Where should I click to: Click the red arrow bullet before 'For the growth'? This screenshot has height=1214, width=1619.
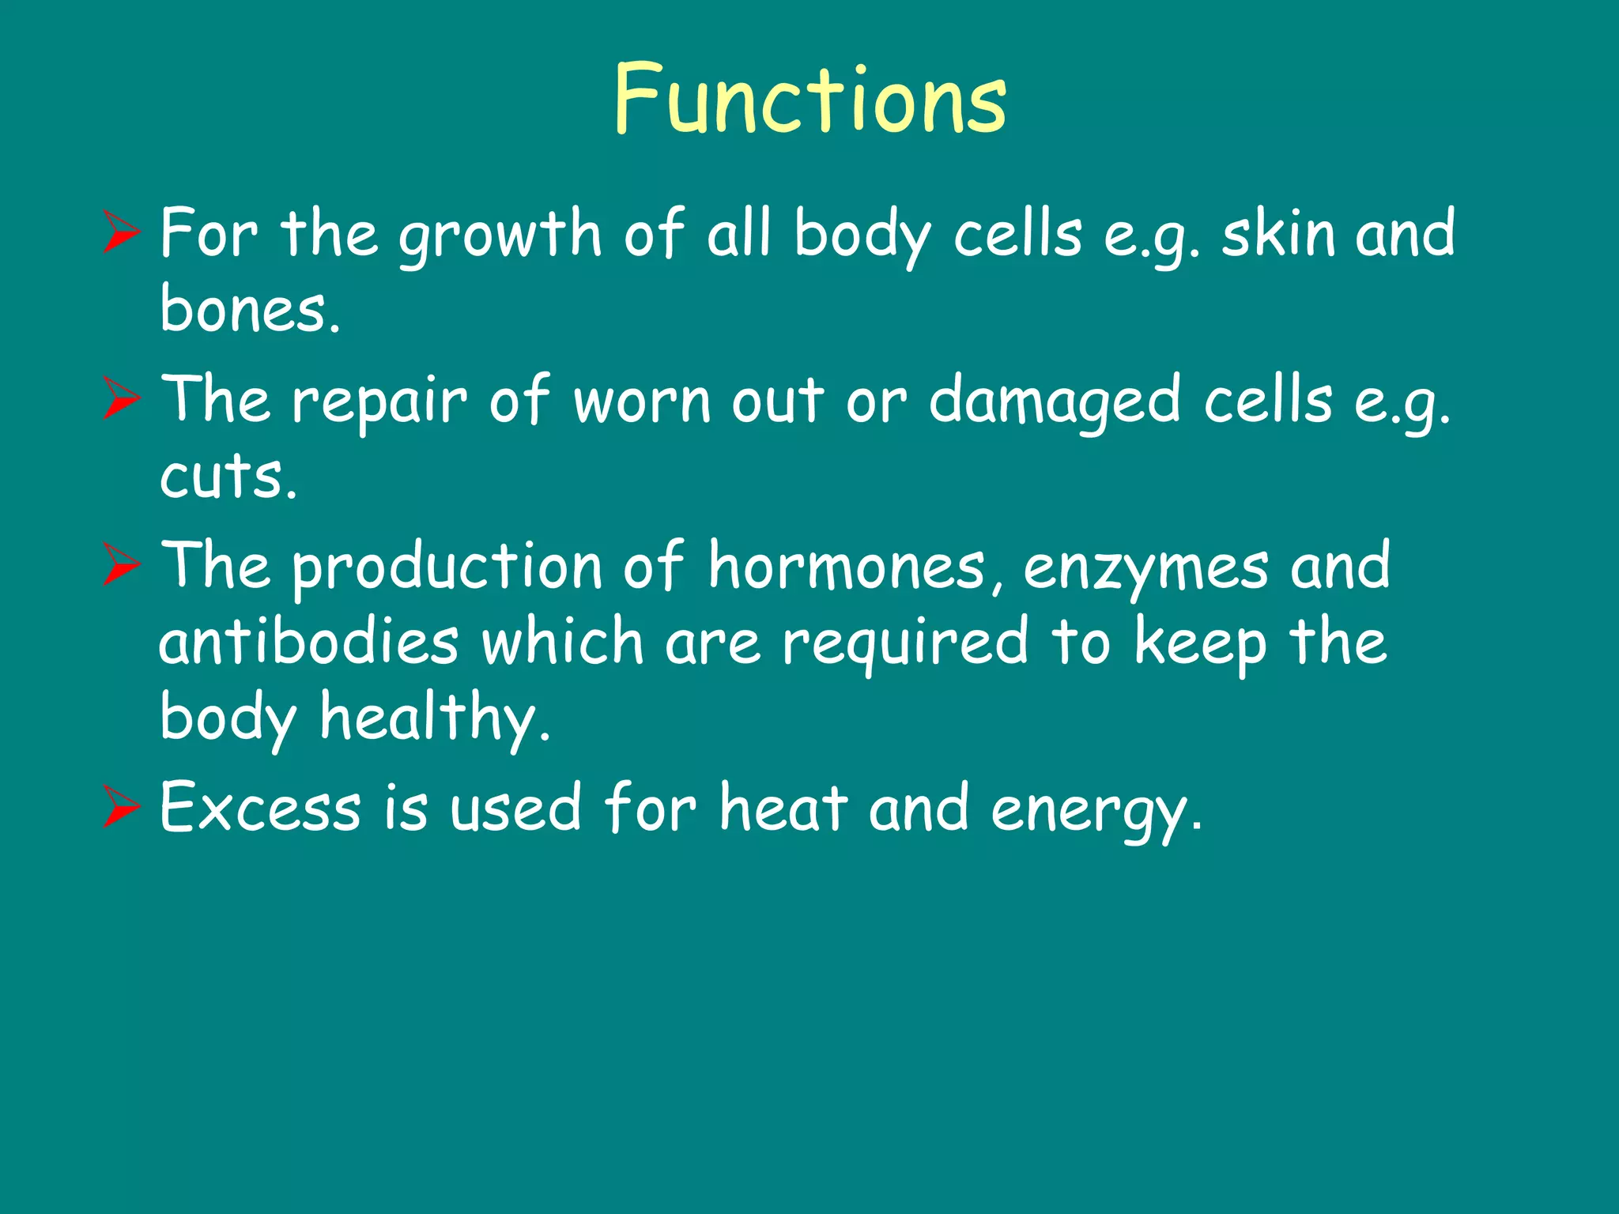click(121, 235)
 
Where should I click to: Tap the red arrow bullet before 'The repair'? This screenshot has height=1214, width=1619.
click(121, 401)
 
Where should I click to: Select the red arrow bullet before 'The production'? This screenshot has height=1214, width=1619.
click(121, 567)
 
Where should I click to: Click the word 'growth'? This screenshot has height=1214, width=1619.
click(500, 235)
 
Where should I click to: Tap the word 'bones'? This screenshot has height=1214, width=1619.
click(249, 308)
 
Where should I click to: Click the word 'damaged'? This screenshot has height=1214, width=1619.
click(1055, 402)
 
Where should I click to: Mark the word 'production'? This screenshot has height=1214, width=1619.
click(447, 567)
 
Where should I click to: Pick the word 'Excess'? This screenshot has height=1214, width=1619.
click(261, 808)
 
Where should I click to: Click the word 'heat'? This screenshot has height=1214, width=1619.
click(783, 808)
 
